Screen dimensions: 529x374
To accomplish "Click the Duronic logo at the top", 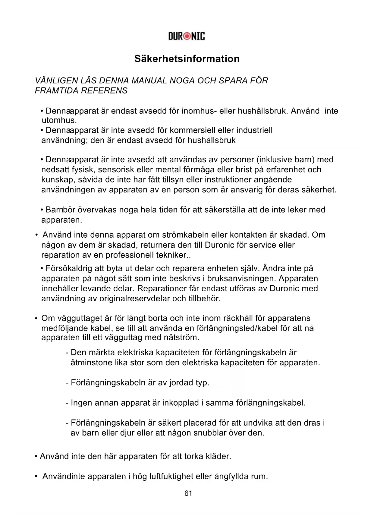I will coord(187,36).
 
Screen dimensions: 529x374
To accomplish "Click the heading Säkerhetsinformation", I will coord(187,59).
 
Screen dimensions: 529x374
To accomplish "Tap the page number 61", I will coord(188,493).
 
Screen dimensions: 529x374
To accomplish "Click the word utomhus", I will coord(59,120).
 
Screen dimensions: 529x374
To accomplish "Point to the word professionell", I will coord(130,255).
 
